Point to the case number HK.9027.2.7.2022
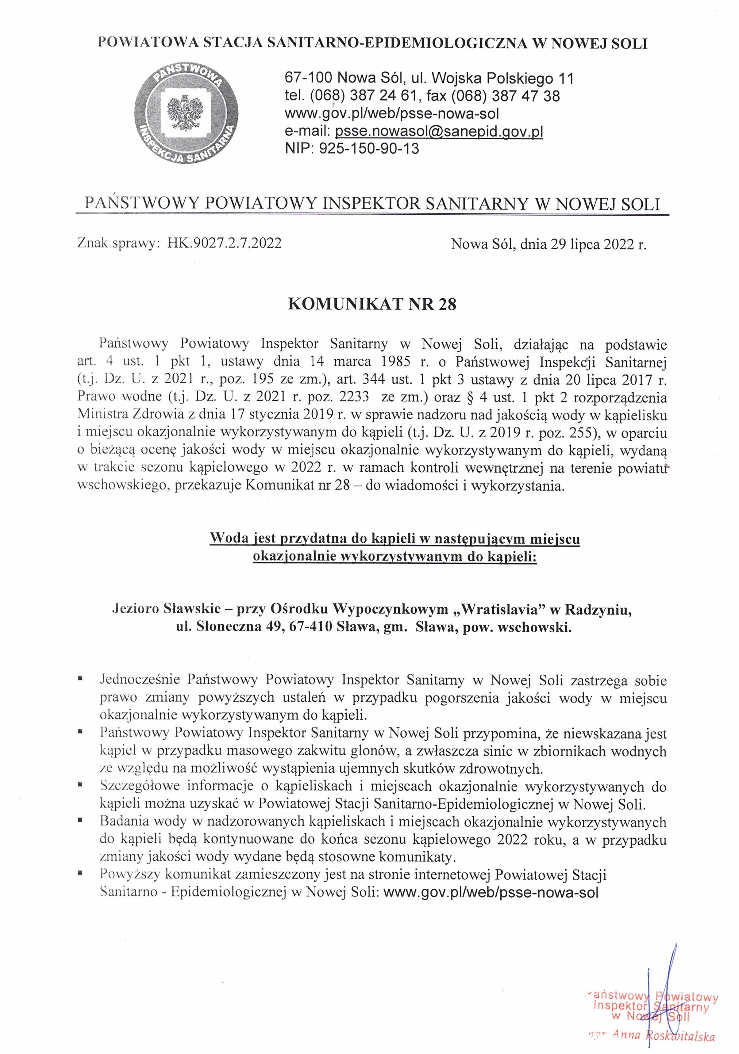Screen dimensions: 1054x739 [x=224, y=243]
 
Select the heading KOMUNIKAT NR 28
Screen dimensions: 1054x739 [x=372, y=305]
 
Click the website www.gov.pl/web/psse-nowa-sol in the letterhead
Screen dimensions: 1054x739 [x=392, y=113]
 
